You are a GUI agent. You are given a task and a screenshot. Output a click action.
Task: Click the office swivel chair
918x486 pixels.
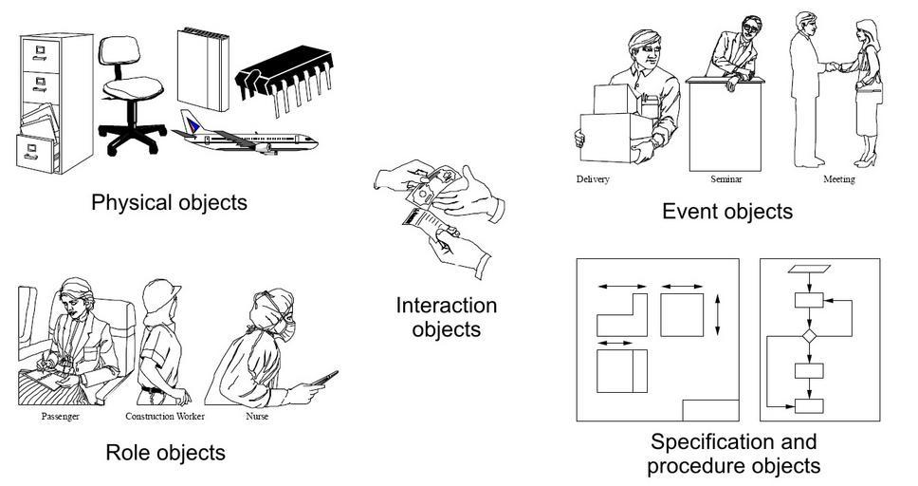(132, 90)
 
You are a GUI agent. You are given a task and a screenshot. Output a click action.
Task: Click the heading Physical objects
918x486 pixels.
(169, 202)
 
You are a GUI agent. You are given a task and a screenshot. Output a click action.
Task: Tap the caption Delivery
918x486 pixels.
(593, 179)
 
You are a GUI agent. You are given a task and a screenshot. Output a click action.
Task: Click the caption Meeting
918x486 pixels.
(839, 179)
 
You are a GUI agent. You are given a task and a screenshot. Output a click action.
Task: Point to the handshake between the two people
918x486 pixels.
(832, 66)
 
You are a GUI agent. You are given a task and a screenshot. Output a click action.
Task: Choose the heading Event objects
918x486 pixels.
(726, 212)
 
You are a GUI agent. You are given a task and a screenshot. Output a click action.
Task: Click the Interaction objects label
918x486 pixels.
(446, 318)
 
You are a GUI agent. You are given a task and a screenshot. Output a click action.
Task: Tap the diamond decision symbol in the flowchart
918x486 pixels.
(809, 336)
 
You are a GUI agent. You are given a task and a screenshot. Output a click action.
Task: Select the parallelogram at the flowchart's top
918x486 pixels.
(809, 268)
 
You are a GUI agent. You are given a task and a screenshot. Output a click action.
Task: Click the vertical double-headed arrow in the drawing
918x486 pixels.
(718, 314)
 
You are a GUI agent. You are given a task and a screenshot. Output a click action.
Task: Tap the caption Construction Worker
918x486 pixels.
(164, 417)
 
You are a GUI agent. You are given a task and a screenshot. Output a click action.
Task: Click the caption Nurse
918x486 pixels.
(257, 417)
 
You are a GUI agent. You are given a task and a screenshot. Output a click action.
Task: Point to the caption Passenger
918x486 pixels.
(60, 417)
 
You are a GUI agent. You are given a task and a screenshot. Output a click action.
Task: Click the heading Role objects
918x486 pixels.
(165, 453)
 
